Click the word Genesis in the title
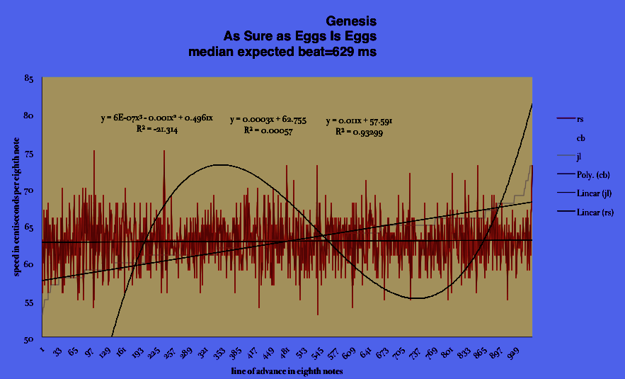(x=346, y=21)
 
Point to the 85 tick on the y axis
(x=28, y=79)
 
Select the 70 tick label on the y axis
(x=28, y=191)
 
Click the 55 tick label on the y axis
(x=28, y=302)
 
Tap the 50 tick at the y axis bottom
(x=28, y=339)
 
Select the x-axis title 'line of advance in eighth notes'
(x=287, y=370)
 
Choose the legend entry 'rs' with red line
(x=580, y=119)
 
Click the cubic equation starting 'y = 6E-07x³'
(x=147, y=118)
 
